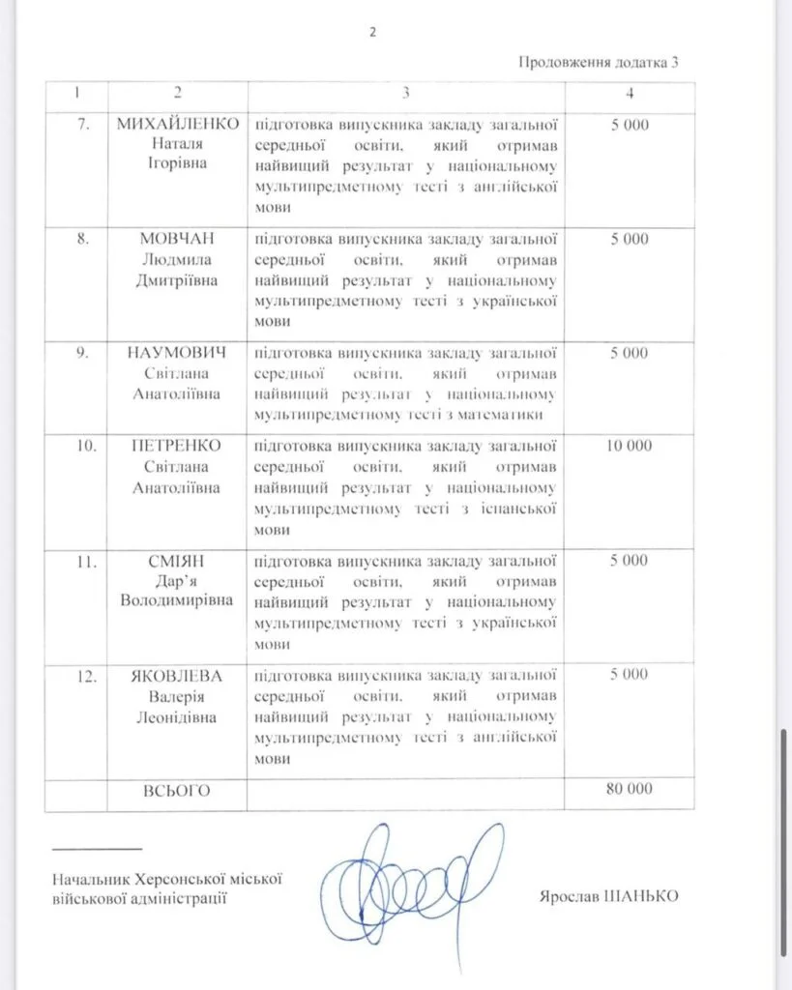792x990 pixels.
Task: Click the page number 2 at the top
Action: [x=372, y=32]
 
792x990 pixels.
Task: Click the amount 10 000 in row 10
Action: [x=629, y=446]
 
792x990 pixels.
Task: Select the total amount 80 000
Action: [x=629, y=789]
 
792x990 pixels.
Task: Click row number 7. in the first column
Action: [x=83, y=125]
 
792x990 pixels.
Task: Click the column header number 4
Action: [x=630, y=93]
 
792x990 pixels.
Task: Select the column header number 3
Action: [x=406, y=93]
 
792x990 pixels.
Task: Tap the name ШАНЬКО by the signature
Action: [x=641, y=896]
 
